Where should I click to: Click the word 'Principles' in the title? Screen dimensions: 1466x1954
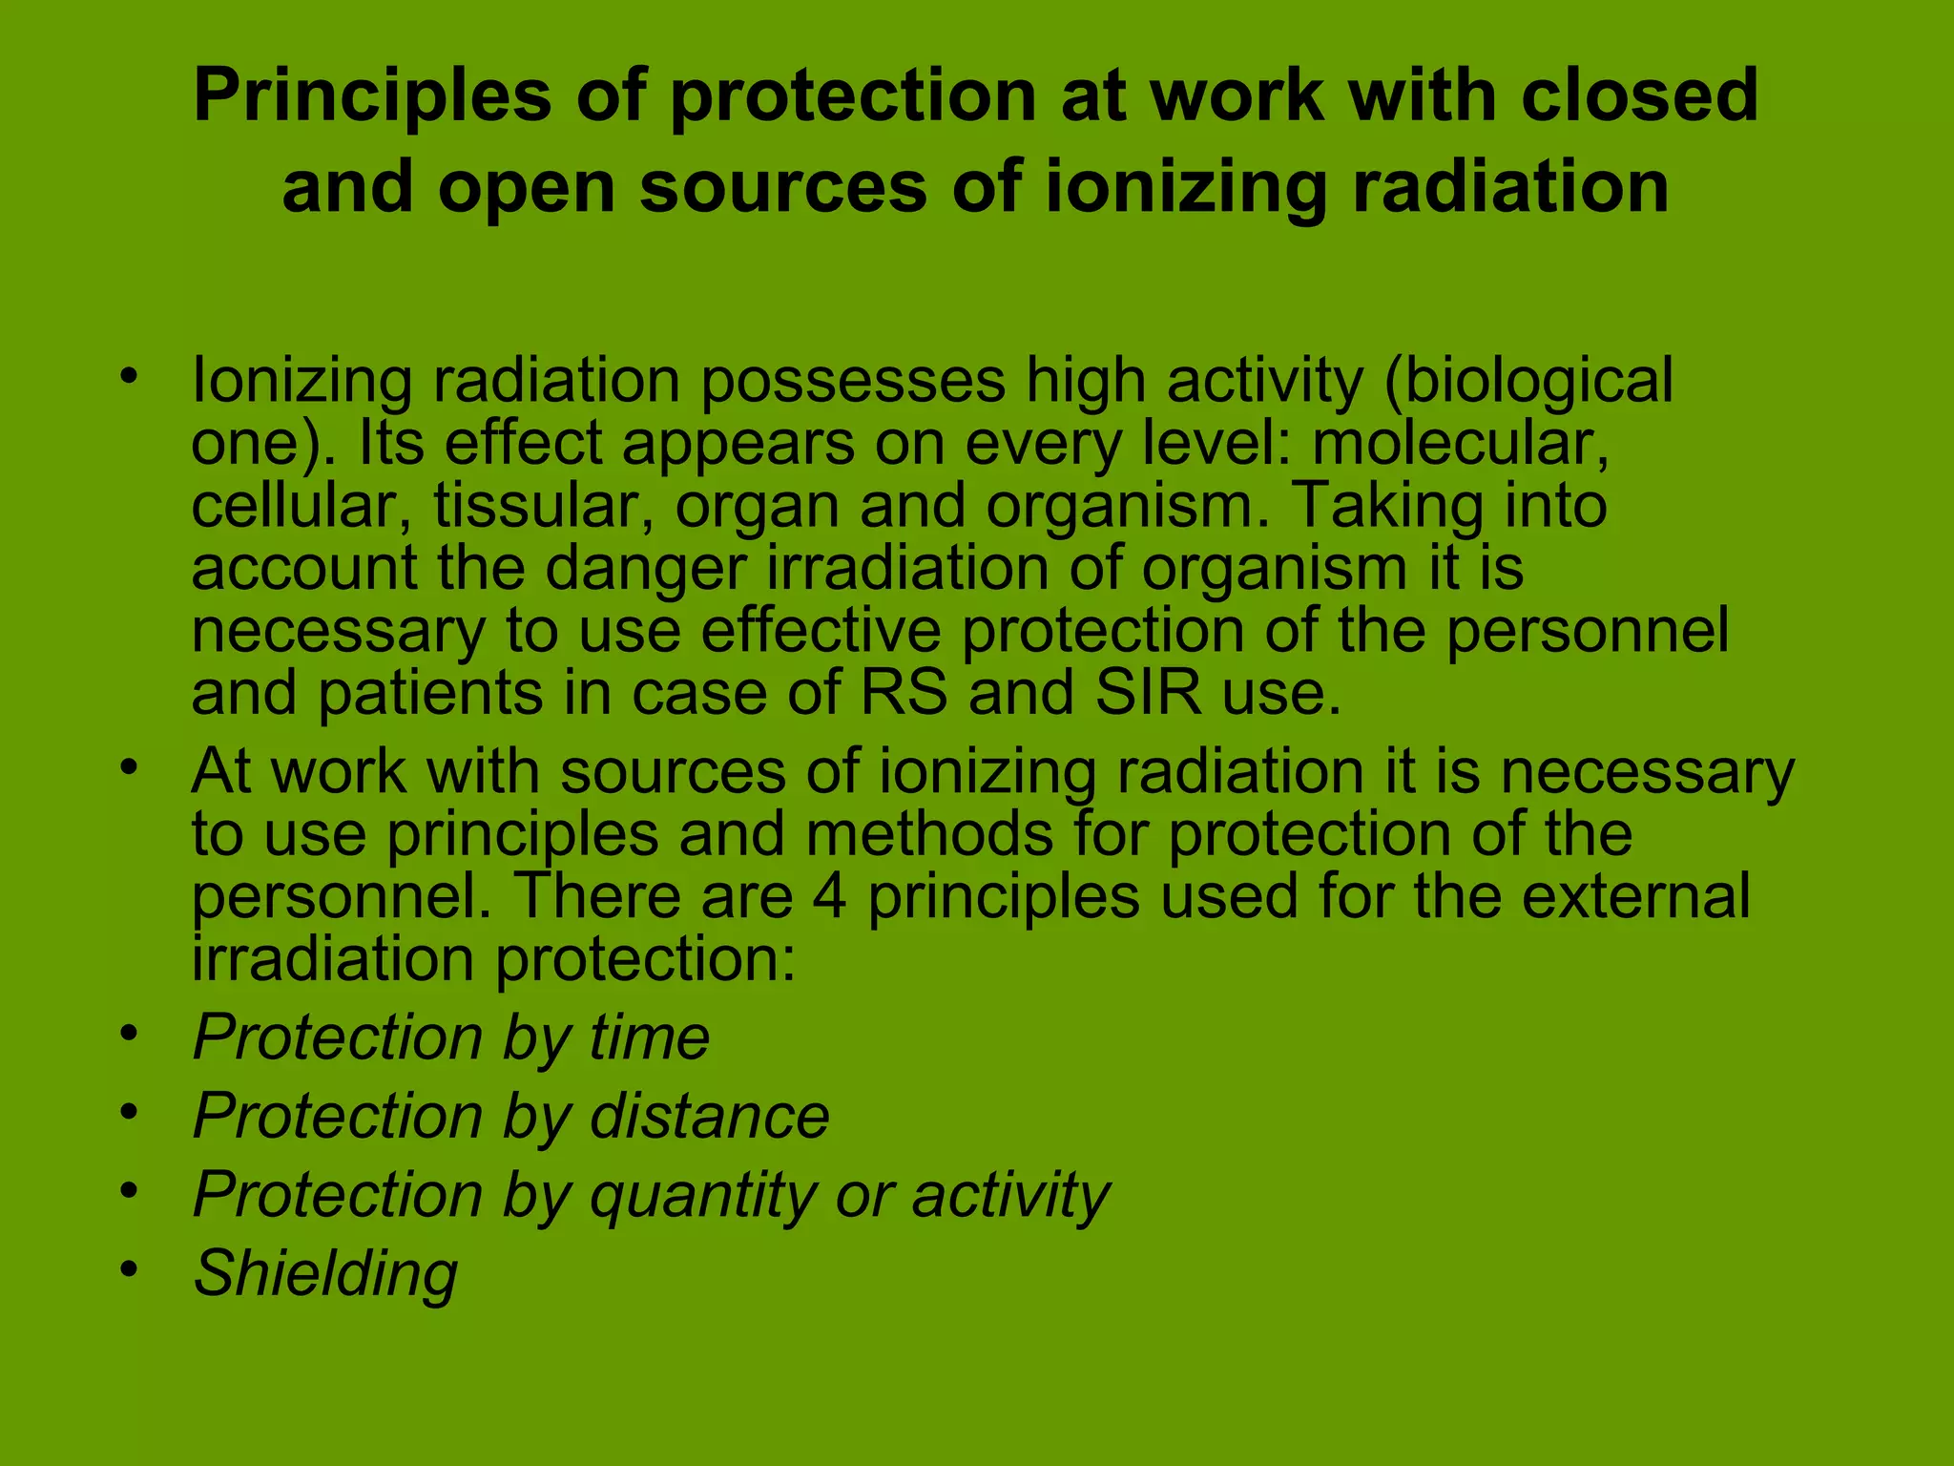[x=372, y=97]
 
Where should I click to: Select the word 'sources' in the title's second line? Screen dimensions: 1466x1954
[x=782, y=187]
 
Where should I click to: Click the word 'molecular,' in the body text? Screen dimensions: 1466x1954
[x=1461, y=444]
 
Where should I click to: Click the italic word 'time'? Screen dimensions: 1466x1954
[x=649, y=1037]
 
